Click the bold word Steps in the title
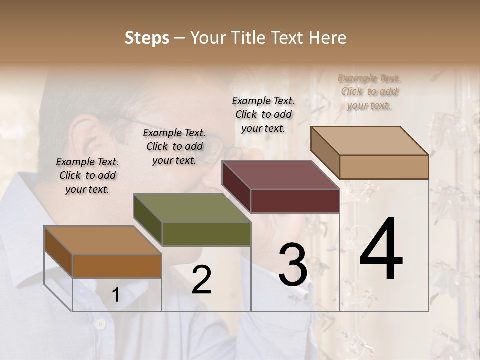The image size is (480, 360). [x=147, y=38]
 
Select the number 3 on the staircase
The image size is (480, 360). [x=293, y=265]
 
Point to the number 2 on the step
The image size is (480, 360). [x=201, y=280]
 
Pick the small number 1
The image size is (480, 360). [x=115, y=295]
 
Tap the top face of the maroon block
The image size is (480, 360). [x=280, y=175]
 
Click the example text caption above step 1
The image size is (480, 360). [x=87, y=175]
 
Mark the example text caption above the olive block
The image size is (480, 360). [x=174, y=146]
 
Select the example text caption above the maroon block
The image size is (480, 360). [x=263, y=114]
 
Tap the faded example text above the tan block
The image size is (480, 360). [x=369, y=91]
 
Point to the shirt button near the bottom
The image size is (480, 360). [x=100, y=324]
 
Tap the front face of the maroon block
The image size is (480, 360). [x=295, y=201]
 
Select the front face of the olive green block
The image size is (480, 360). [x=206, y=234]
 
